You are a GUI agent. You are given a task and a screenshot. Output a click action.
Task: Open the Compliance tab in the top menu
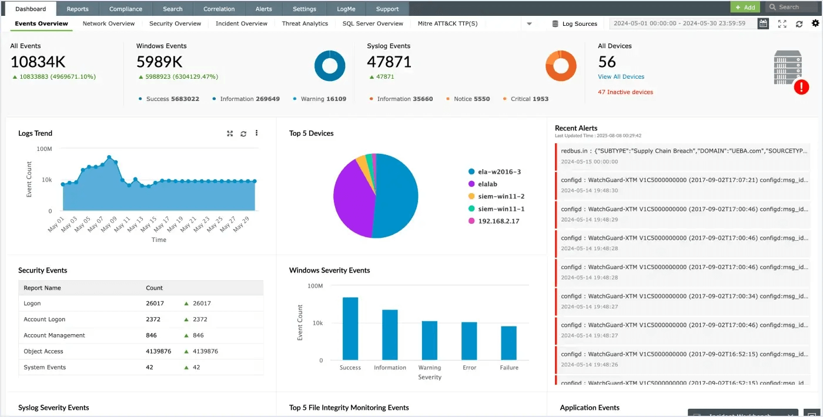[x=125, y=9]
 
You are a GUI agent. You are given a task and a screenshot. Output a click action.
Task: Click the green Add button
[x=745, y=7]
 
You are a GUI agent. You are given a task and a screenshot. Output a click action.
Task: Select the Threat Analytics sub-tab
[x=305, y=23]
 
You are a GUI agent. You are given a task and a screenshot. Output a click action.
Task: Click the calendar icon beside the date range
[x=763, y=23]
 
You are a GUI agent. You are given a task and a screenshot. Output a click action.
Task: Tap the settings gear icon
[x=815, y=23]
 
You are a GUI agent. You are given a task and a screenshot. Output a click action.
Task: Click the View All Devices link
[x=621, y=77]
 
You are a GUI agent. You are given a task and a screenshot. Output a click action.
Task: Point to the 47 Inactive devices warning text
[x=625, y=92]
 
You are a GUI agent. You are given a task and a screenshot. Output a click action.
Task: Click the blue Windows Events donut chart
[x=329, y=66]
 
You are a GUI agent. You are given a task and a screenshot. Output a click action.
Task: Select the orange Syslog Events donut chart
[x=560, y=66]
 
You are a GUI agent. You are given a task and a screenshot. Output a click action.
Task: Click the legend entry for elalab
[x=487, y=184]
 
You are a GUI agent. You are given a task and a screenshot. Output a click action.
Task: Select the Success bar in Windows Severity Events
[x=350, y=328]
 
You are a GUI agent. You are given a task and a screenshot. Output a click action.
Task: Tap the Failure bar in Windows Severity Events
[x=508, y=343]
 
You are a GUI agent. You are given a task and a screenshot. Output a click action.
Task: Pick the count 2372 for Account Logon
[x=154, y=320]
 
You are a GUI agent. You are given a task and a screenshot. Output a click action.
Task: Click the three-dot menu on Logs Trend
[x=257, y=133]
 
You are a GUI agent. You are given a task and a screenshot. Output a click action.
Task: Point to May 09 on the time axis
[x=109, y=224]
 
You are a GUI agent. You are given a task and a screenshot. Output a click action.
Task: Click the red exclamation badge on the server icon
[x=801, y=88]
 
